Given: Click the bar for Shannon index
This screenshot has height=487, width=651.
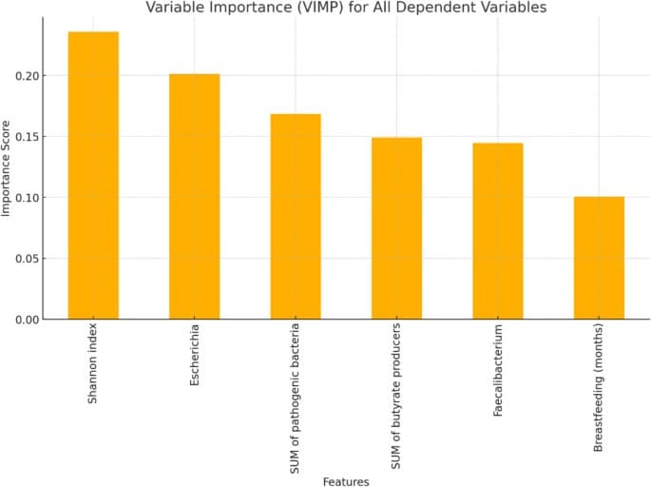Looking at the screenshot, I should coord(93,176).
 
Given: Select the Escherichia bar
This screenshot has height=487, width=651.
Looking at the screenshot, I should coord(194,197).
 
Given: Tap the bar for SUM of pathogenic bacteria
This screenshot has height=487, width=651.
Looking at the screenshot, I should coord(296,217).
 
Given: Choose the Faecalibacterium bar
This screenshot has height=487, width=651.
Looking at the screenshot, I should coord(498,231).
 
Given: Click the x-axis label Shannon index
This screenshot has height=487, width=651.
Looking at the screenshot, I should coord(93,364).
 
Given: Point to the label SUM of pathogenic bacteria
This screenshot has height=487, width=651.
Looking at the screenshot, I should coord(296,397).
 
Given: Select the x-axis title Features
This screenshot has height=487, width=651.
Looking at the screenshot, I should coord(346,481).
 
